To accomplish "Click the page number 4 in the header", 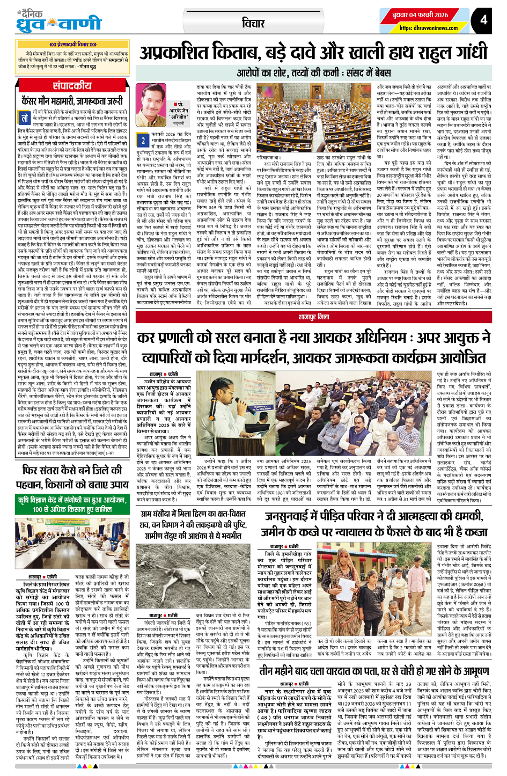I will click(x=484, y=20).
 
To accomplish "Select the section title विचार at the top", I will click(x=253, y=23).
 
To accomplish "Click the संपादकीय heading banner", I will click(x=72, y=85).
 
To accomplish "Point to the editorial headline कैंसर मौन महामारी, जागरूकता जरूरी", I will click(x=72, y=100).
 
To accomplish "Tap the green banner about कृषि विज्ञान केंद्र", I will click(x=72, y=505).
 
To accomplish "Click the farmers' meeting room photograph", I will click(x=72, y=538).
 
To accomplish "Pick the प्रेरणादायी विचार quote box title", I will click(x=73, y=43).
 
